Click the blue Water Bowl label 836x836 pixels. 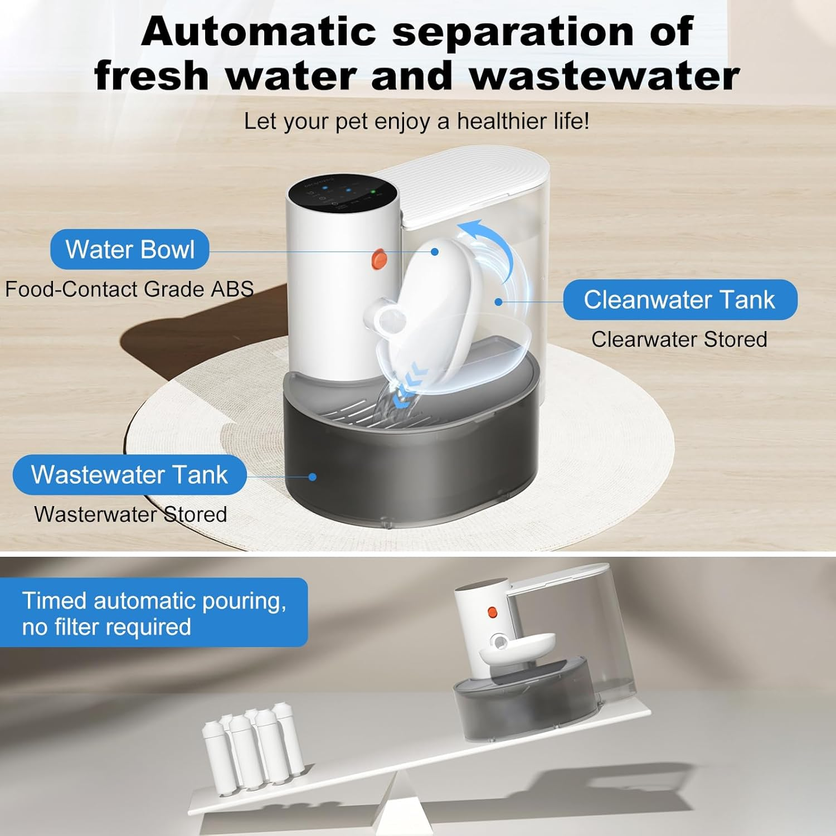coord(129,249)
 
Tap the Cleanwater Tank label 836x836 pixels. coord(679,300)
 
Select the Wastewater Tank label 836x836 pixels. coord(129,475)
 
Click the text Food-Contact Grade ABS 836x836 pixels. coord(129,289)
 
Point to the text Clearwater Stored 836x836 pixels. coord(679,339)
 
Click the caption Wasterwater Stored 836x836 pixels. coord(130,514)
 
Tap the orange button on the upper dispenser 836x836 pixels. coord(380,258)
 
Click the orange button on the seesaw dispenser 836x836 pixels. coord(492,613)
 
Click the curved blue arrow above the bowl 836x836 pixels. coord(490,245)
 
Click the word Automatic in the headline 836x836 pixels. coord(259,32)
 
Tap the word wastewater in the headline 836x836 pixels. coord(604,76)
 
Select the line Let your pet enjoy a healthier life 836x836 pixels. coord(416,121)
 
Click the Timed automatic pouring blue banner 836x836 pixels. coord(154,613)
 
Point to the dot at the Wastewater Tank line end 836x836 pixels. coord(312,477)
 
